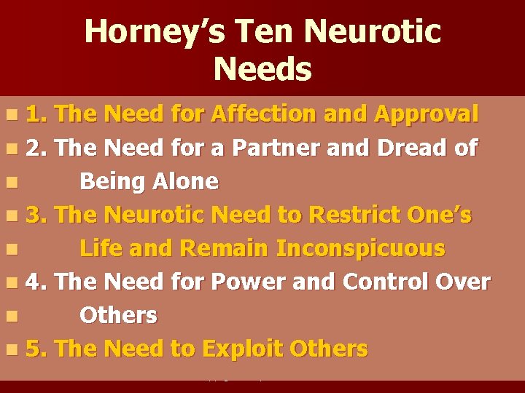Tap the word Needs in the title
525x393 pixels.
coord(262,70)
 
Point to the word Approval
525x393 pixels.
coord(427,114)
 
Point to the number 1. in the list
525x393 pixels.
coord(37,114)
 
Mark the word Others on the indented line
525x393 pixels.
coord(118,315)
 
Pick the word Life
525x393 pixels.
coord(101,248)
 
